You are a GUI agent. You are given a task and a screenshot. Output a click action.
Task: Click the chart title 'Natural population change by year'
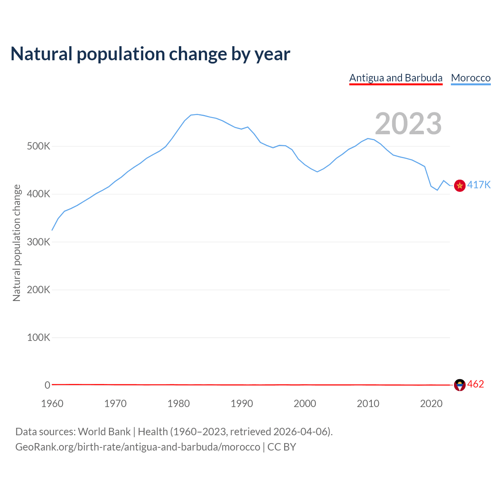point(150,54)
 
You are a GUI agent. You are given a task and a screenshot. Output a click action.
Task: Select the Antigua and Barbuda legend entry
point(396,78)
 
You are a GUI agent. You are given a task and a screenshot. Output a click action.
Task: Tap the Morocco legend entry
point(470,78)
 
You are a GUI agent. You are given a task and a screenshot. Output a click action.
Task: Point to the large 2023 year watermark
point(408,124)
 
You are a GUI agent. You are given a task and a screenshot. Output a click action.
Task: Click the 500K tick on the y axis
point(38,146)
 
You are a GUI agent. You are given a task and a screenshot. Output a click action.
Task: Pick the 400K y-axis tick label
point(38,194)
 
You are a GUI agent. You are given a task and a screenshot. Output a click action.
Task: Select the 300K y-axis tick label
point(38,242)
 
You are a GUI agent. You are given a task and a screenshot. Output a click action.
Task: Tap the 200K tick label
point(38,290)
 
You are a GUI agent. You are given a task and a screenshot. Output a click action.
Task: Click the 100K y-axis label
point(38,337)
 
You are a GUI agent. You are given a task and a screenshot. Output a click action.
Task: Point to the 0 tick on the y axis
point(47,385)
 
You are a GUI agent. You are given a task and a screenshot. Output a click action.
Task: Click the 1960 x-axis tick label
point(52,404)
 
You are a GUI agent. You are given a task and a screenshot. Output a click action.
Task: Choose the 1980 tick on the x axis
point(178,404)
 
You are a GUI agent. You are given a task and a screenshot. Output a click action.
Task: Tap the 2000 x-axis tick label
point(305,404)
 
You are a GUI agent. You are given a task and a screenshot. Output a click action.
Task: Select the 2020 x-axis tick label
point(431,404)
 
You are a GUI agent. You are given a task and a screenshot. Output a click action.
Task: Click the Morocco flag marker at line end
point(460,186)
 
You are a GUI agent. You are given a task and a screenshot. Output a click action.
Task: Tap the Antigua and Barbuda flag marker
point(460,385)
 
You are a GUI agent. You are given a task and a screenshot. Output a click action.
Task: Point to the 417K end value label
point(479,185)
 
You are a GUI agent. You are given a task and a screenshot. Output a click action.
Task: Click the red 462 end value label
point(476,384)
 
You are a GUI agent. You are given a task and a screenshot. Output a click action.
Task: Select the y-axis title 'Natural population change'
point(17,243)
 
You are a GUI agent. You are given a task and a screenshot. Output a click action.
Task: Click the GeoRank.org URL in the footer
point(138,447)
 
